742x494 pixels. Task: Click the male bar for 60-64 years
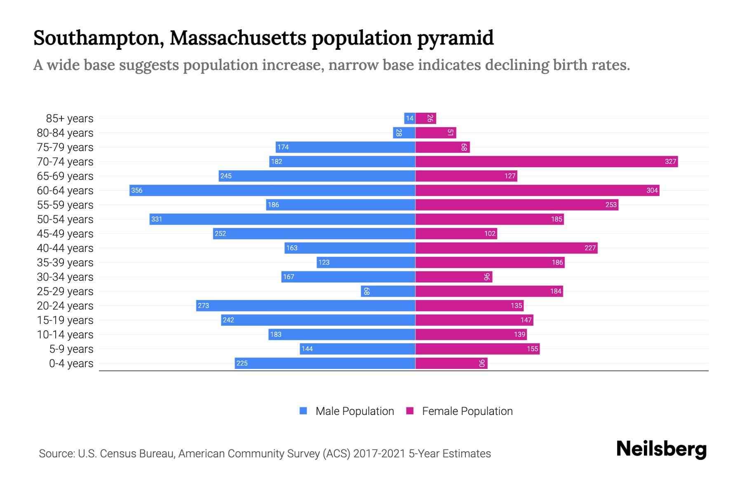[272, 190]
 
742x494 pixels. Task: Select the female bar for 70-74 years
[546, 161]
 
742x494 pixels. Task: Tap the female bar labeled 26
[425, 118]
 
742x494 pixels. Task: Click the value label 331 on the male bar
[157, 219]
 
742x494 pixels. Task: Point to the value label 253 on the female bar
[611, 205]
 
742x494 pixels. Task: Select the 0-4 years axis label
[71, 363]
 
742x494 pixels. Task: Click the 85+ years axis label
[69, 118]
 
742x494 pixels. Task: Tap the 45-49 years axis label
[65, 233]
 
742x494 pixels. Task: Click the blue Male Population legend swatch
[303, 411]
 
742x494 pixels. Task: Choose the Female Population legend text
[467, 411]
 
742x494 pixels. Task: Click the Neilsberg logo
[661, 449]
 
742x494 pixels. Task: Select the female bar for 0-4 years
[451, 363]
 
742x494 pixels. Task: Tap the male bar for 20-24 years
[305, 305]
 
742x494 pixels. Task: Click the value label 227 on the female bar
[590, 248]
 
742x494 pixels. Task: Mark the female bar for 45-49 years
[456, 233]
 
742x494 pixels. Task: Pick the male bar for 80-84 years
[404, 133]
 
